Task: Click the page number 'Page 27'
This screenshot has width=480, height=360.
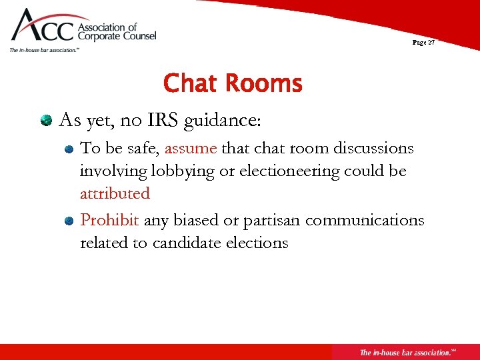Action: pyautogui.click(x=423, y=42)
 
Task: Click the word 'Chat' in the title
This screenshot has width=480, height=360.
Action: pyautogui.click(x=191, y=84)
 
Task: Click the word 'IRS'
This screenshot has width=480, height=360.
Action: pyautogui.click(x=163, y=121)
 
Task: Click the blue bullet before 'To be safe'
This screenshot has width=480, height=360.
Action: pyautogui.click(x=69, y=149)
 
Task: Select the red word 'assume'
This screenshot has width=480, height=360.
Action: pyautogui.click(x=191, y=149)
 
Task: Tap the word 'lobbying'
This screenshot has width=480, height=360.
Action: pyautogui.click(x=184, y=171)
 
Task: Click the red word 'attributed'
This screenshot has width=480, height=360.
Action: pyautogui.click(x=115, y=193)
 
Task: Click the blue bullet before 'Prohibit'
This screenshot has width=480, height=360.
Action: pyautogui.click(x=69, y=221)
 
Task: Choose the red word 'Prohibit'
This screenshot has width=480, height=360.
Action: pyautogui.click(x=110, y=220)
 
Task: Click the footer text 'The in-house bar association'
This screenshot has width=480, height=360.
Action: pyautogui.click(x=404, y=352)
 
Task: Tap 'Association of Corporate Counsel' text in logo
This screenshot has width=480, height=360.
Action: pyautogui.click(x=117, y=32)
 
